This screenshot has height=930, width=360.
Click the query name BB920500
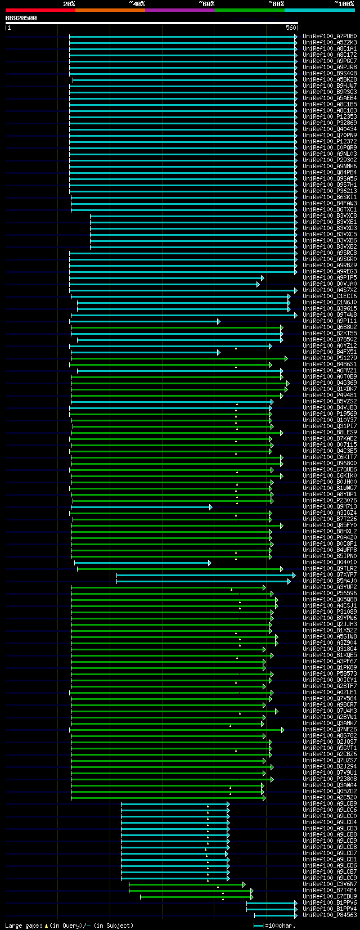point(21,18)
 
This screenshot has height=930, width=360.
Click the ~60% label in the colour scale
point(206,4)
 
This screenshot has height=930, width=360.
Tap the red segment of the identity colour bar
point(40,10)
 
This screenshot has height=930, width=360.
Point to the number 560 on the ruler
point(291,28)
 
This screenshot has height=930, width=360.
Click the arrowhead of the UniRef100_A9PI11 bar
point(218,321)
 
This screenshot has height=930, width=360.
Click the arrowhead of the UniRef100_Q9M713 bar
point(210,507)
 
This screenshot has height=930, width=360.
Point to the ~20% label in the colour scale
point(69,4)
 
